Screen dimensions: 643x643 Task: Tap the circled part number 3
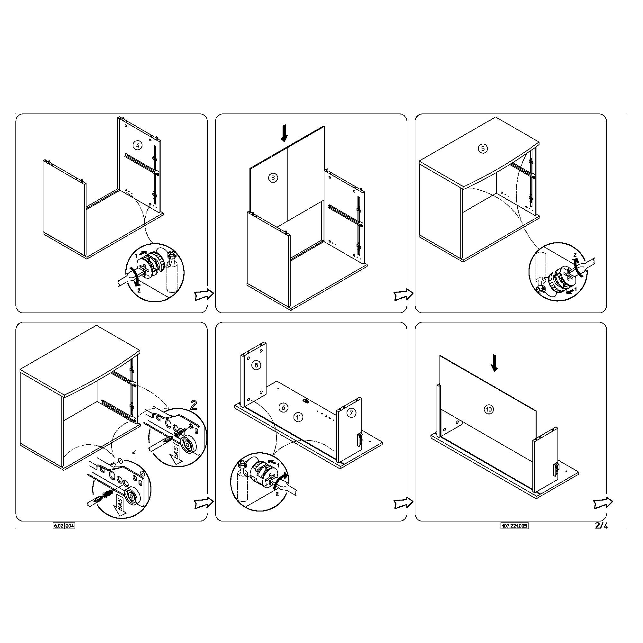tap(273, 178)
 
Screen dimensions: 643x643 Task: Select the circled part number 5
tap(483, 149)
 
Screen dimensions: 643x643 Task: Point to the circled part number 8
tap(256, 366)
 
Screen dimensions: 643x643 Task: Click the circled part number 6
tap(283, 407)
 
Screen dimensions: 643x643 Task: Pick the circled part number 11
tap(299, 417)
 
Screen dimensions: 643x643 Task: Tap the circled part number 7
tap(351, 413)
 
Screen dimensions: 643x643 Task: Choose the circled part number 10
tap(489, 409)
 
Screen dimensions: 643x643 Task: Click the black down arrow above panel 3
tap(284, 133)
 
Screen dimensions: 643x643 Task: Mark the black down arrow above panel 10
tap(494, 363)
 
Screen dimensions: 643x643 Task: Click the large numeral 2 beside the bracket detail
tap(193, 405)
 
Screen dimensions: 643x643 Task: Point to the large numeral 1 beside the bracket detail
tap(135, 456)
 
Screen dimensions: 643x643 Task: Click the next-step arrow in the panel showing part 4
tap(204, 294)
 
